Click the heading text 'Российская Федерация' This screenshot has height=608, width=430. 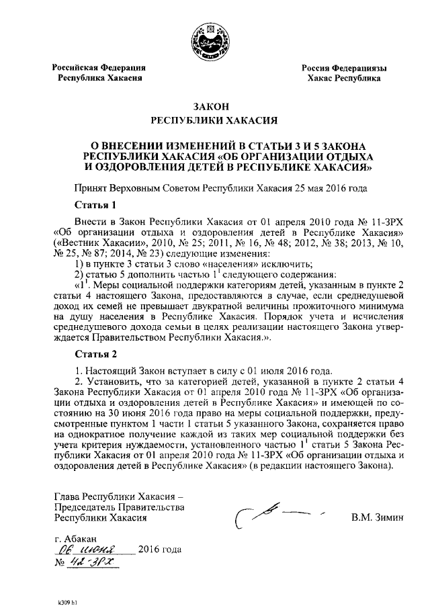[x=100, y=68]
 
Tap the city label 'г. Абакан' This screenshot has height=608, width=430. [x=76, y=539]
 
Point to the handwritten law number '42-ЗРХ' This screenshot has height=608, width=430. [x=94, y=562]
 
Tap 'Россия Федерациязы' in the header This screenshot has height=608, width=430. [x=343, y=69]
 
